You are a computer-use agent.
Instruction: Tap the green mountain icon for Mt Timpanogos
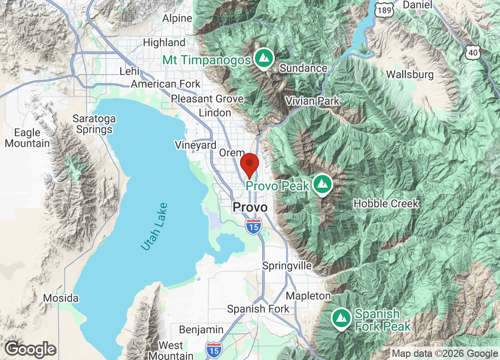pyautogui.click(x=262, y=58)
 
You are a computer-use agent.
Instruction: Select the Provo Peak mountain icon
pyautogui.click(x=322, y=184)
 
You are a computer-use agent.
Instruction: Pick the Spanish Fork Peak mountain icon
pyautogui.click(x=341, y=318)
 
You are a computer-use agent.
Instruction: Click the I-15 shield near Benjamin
pyautogui.click(x=212, y=349)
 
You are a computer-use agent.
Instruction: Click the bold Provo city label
pyautogui.click(x=250, y=207)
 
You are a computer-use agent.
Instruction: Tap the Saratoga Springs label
pyautogui.click(x=95, y=124)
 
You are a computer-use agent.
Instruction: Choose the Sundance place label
pyautogui.click(x=303, y=68)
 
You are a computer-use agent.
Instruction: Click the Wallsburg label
pyautogui.click(x=410, y=74)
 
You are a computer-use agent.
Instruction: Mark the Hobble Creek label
pyautogui.click(x=386, y=203)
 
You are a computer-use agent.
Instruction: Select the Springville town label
pyautogui.click(x=287, y=266)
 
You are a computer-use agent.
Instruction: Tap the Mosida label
pyautogui.click(x=61, y=298)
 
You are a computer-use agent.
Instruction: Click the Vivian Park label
pyautogui.click(x=313, y=101)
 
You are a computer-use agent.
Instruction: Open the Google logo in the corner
pyautogui.click(x=31, y=349)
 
